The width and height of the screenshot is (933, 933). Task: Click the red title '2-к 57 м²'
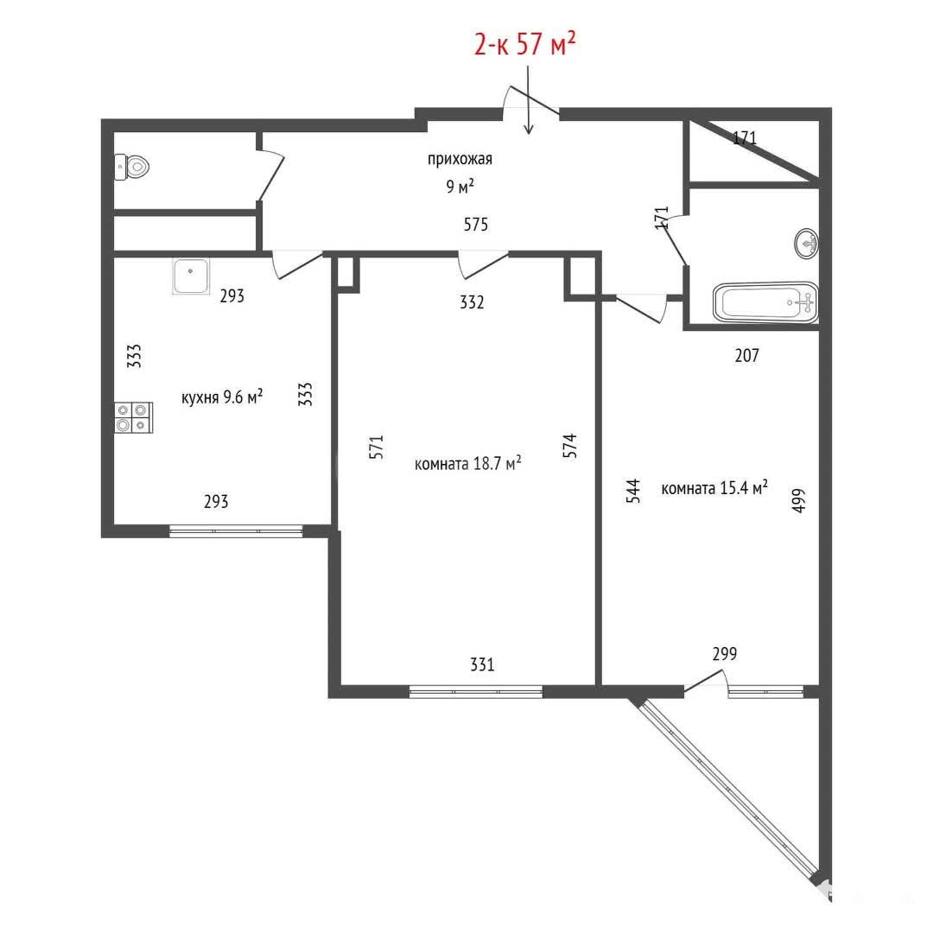pyautogui.click(x=525, y=43)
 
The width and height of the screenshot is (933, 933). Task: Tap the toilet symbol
pyautogui.click(x=131, y=168)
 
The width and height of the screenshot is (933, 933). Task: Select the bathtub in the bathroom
pyautogui.click(x=765, y=302)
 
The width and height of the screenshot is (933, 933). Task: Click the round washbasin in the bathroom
pyautogui.click(x=806, y=244)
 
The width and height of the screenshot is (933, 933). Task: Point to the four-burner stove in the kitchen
pyautogui.click(x=134, y=417)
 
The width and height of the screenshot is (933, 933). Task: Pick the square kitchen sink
pyautogui.click(x=191, y=276)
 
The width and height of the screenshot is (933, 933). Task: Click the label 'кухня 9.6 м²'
pyautogui.click(x=222, y=397)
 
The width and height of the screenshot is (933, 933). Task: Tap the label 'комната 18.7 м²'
pyautogui.click(x=467, y=463)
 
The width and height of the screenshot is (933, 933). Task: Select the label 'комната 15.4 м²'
pyautogui.click(x=714, y=488)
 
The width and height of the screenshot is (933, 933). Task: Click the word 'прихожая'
pyautogui.click(x=460, y=159)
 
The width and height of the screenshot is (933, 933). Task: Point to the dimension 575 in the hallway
pyautogui.click(x=476, y=225)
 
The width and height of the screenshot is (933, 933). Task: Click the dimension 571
pyautogui.click(x=377, y=447)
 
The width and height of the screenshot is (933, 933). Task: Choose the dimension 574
pyautogui.click(x=569, y=445)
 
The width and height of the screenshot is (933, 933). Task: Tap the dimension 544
pyautogui.click(x=634, y=491)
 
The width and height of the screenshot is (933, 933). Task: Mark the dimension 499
pyautogui.click(x=798, y=500)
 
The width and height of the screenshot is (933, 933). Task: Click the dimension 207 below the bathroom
pyautogui.click(x=746, y=355)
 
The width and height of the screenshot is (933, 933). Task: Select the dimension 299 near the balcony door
pyautogui.click(x=725, y=654)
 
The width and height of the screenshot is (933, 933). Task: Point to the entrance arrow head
pyautogui.click(x=529, y=130)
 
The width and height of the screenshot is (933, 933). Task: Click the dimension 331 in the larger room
pyautogui.click(x=482, y=664)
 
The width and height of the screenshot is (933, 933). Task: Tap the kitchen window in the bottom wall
pyautogui.click(x=236, y=530)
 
